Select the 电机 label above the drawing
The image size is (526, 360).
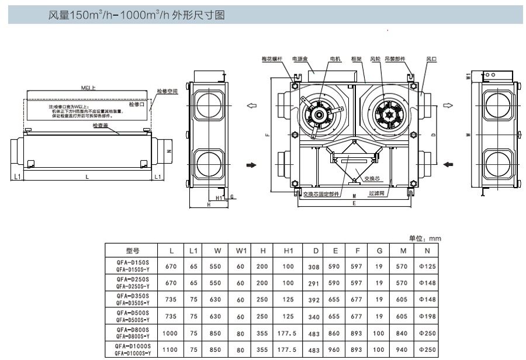pos(335,60)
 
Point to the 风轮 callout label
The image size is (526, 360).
pos(376,60)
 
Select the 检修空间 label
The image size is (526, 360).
pos(167,91)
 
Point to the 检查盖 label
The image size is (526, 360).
pos(100,125)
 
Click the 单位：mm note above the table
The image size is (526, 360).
pos(425,238)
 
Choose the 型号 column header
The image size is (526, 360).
pos(133,251)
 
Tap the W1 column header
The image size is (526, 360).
pos(240,251)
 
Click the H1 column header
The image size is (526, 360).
pos(288,251)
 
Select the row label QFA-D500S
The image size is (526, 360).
pos(133,313)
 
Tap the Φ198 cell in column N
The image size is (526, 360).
pos(428,316)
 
